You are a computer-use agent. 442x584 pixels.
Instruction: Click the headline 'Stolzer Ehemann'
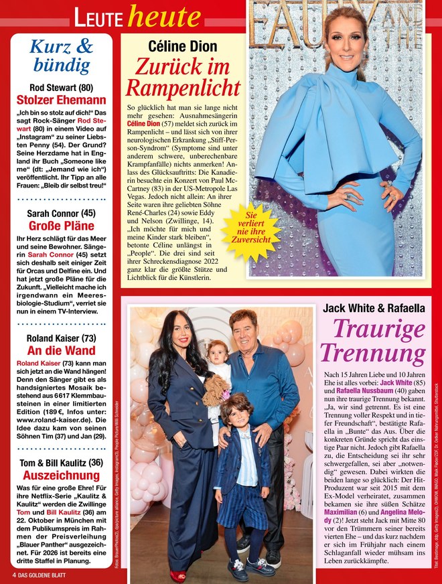click(62, 100)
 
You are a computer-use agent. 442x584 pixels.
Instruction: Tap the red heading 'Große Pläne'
click(62, 226)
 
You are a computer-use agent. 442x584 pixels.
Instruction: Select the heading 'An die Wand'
click(62, 350)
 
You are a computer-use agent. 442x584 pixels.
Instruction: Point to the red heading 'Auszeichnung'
click(62, 475)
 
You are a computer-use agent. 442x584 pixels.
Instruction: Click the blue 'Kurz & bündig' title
click(62, 56)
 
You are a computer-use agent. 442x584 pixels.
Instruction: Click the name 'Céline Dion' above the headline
click(182, 46)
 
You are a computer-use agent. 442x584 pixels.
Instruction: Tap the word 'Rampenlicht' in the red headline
click(183, 88)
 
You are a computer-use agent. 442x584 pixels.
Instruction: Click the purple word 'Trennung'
click(373, 354)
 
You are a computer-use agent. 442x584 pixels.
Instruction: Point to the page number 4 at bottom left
click(13, 575)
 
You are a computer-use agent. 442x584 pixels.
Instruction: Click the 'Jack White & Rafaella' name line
click(374, 308)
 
